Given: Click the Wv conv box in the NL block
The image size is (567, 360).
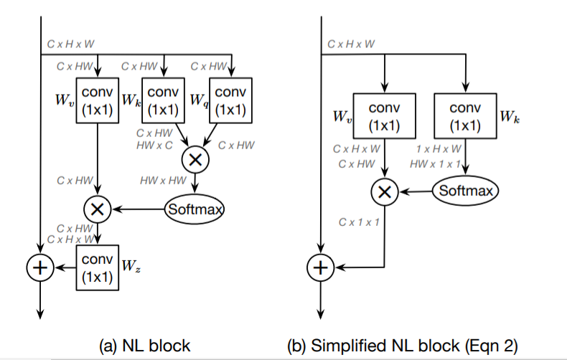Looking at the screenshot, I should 96,101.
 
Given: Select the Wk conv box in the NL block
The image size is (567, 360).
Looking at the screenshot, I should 164,101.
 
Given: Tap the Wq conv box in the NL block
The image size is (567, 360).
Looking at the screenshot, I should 230,101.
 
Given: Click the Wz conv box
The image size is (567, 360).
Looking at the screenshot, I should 96,267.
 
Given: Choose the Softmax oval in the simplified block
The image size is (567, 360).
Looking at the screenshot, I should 464,191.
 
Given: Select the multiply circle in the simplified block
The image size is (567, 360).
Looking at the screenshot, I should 385,191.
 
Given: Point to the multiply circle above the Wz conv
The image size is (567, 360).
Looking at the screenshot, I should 96,209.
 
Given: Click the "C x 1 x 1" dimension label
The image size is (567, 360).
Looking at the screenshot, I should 359,222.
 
